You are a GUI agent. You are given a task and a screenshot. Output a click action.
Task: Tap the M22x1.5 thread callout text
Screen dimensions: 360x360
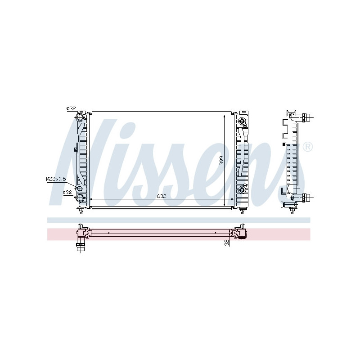pyautogui.click(x=56, y=179)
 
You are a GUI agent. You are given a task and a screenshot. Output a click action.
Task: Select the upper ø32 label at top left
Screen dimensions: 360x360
pyautogui.click(x=71, y=108)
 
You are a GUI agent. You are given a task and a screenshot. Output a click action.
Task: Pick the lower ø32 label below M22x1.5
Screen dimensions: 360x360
pyautogui.click(x=67, y=192)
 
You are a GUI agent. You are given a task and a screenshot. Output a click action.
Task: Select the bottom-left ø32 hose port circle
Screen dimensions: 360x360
pyautogui.click(x=81, y=198)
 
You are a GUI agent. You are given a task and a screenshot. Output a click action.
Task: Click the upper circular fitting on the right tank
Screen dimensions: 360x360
pyautogui.click(x=243, y=121)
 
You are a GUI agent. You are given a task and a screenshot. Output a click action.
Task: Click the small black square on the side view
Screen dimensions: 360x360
pyautogui.click(x=283, y=144)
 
